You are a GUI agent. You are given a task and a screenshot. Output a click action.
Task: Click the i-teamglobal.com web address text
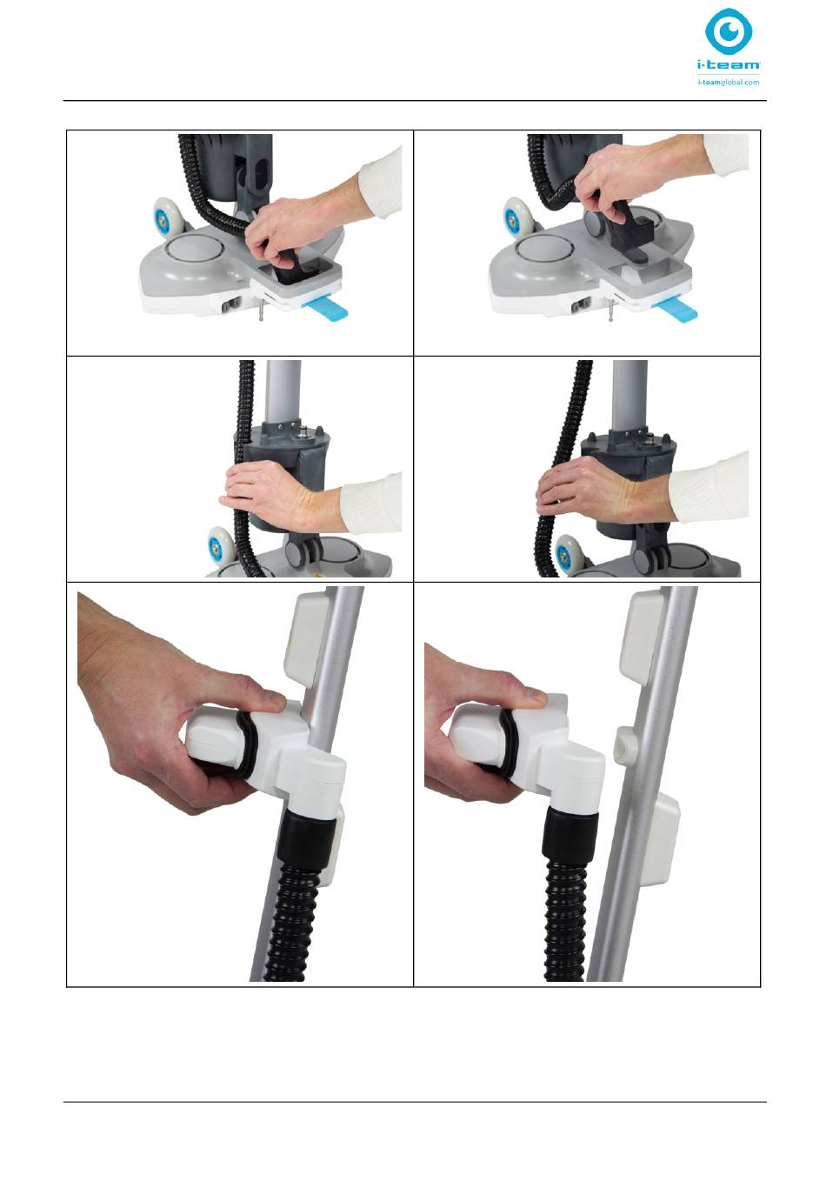729,83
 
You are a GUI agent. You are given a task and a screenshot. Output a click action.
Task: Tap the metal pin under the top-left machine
260,315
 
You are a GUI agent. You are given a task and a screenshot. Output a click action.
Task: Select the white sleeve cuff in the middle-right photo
709,487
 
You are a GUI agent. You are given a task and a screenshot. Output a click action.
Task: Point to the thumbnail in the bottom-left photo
275,702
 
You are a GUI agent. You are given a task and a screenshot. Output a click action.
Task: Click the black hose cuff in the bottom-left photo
306,843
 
